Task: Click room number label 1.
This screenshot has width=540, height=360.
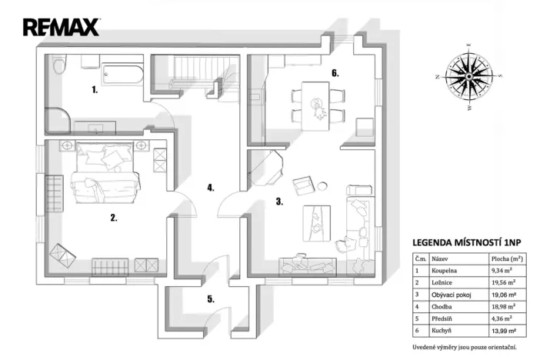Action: coord(95,90)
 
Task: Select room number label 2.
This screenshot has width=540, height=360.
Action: coord(113,218)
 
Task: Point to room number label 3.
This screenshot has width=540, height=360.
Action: coord(279,203)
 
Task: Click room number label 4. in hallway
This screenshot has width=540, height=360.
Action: coord(209,187)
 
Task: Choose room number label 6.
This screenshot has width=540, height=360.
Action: coord(335,73)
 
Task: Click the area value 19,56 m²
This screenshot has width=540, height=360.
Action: coord(503,282)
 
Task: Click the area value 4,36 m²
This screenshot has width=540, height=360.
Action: coord(502,318)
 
